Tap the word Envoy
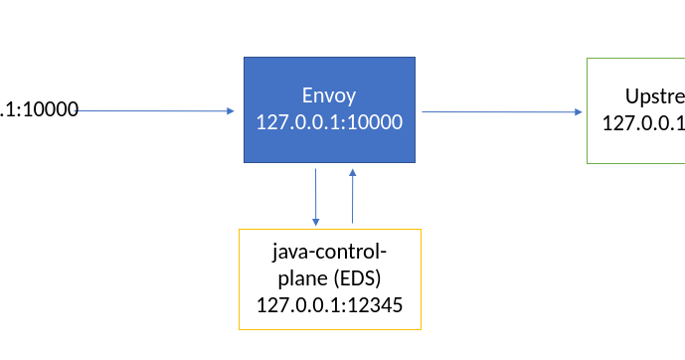pos(329,96)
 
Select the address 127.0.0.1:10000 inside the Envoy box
pos(329,122)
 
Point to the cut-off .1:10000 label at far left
pos(40,109)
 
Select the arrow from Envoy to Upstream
pos(502,111)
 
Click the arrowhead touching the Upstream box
pos(580,111)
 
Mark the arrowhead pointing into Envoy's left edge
pos(230,110)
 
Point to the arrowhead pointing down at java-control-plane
pos(315,222)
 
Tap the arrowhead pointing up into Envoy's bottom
pos(352,173)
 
